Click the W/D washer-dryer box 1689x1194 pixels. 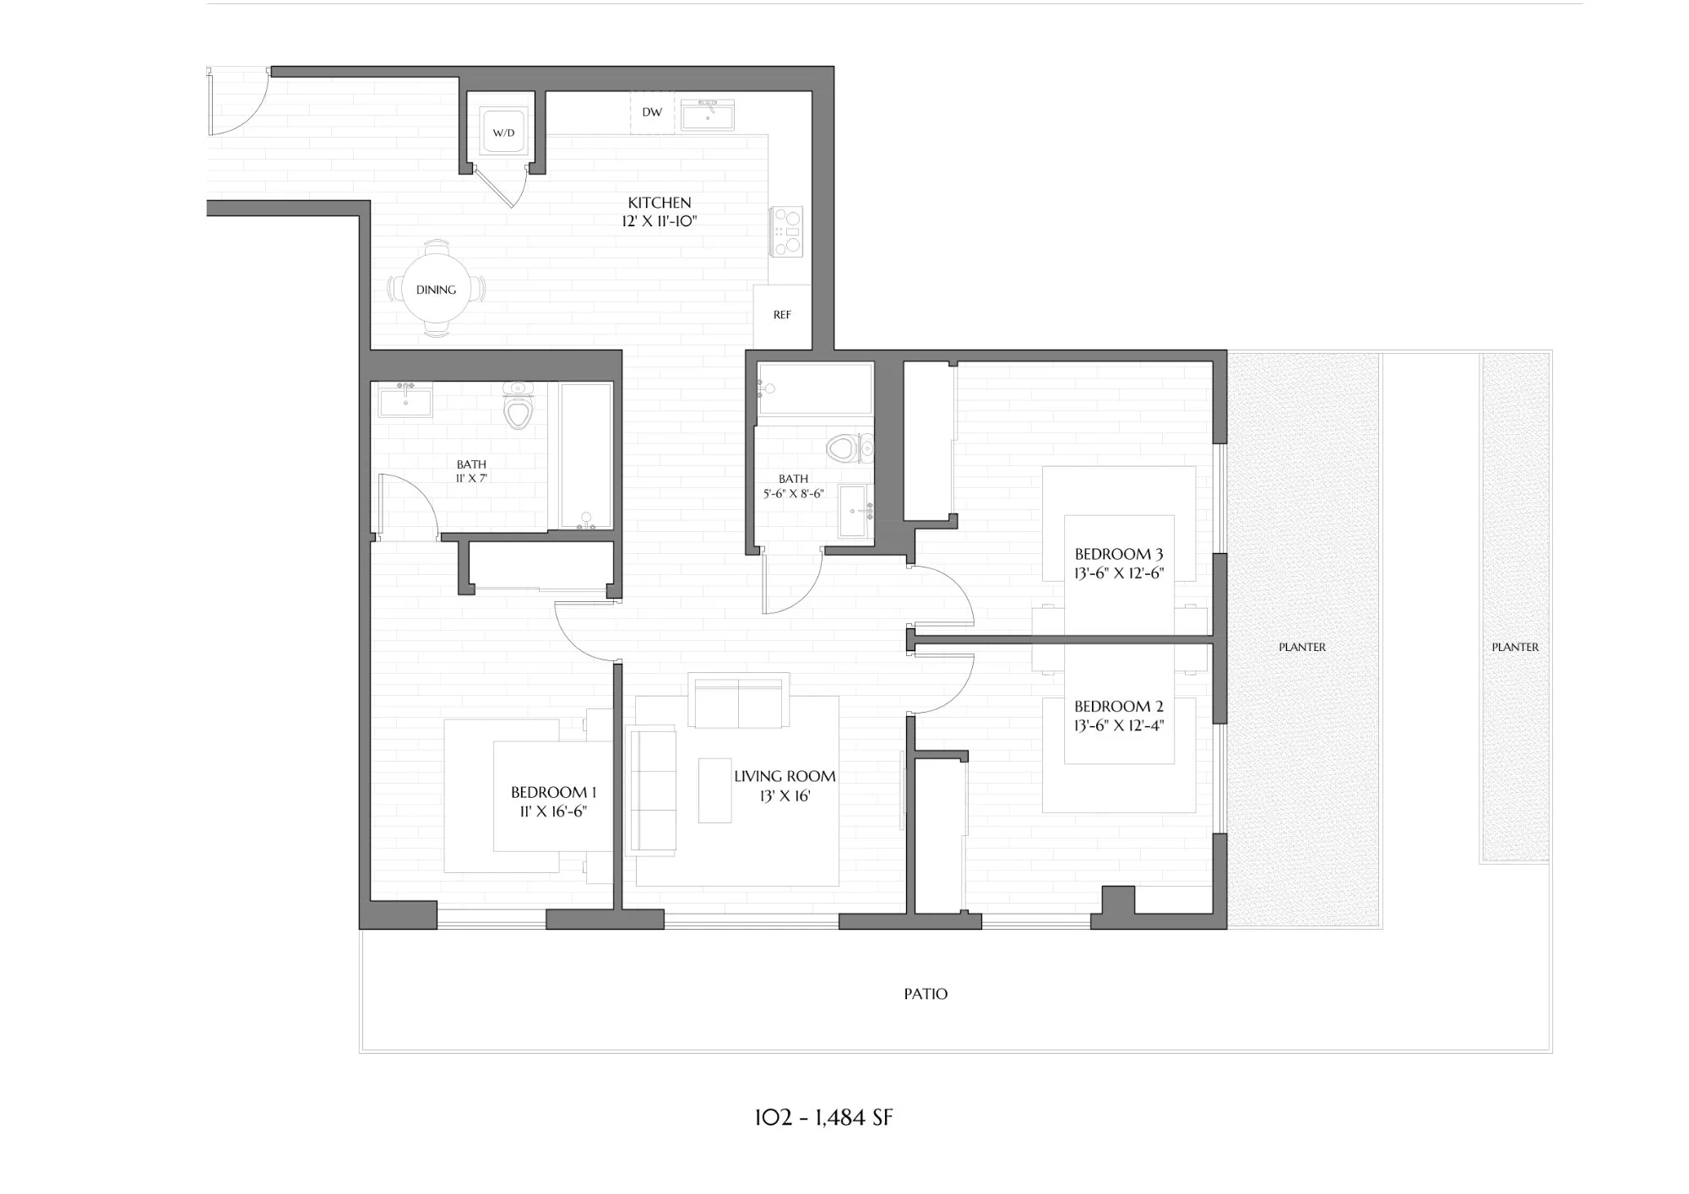pos(503,132)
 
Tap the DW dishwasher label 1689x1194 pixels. pos(652,112)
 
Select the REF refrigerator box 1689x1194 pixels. pos(782,315)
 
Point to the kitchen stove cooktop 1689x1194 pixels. pos(787,231)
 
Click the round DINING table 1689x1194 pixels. pos(436,290)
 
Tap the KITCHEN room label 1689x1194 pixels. pos(660,203)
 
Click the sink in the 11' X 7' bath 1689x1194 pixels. pos(405,400)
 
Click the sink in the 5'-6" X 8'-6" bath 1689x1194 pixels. pos(858,512)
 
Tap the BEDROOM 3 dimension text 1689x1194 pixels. pos(1118,573)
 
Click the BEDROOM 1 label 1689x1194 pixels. pos(553,792)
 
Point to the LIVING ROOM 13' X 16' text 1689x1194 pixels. pos(785,785)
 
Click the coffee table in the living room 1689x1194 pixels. pos(714,790)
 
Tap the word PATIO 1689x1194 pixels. pos(926,994)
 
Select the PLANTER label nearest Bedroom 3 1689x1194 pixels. pos(1301,647)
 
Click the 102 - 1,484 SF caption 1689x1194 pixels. pos(823,1118)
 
